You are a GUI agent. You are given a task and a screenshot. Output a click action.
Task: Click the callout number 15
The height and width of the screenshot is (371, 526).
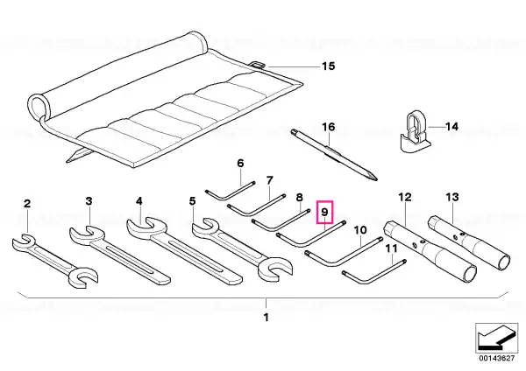pos(329,66)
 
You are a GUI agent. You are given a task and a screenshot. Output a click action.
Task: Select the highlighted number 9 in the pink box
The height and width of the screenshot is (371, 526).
pos(324,212)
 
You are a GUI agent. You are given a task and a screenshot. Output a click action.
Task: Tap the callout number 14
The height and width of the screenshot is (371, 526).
pos(451,127)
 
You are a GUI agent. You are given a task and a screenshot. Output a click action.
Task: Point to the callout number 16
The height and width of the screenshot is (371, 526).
pos(329,127)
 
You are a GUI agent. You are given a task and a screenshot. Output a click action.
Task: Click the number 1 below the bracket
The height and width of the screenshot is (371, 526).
pos(266,317)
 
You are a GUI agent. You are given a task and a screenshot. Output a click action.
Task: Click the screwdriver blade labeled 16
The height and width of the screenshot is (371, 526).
pos(334,154)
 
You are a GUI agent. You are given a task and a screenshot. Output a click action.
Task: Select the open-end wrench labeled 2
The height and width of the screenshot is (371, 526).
pos(54,261)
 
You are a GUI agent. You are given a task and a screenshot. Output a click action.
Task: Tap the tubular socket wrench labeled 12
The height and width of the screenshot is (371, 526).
pos(430,251)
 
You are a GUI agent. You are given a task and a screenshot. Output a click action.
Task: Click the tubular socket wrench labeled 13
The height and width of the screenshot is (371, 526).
pos(470,243)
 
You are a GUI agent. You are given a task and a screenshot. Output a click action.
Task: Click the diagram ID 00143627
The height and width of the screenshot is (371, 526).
pos(496,358)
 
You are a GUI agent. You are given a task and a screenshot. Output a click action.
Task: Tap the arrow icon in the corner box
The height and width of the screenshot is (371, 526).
pos(496,338)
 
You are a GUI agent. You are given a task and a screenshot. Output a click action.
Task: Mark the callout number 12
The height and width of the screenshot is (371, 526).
pos(405,197)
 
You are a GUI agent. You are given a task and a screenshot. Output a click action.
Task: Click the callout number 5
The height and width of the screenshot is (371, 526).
pos(192,201)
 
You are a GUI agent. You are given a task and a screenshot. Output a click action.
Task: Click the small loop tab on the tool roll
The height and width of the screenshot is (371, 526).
pos(259,64)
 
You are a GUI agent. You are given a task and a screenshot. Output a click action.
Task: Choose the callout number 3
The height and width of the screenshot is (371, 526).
pos(89,201)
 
